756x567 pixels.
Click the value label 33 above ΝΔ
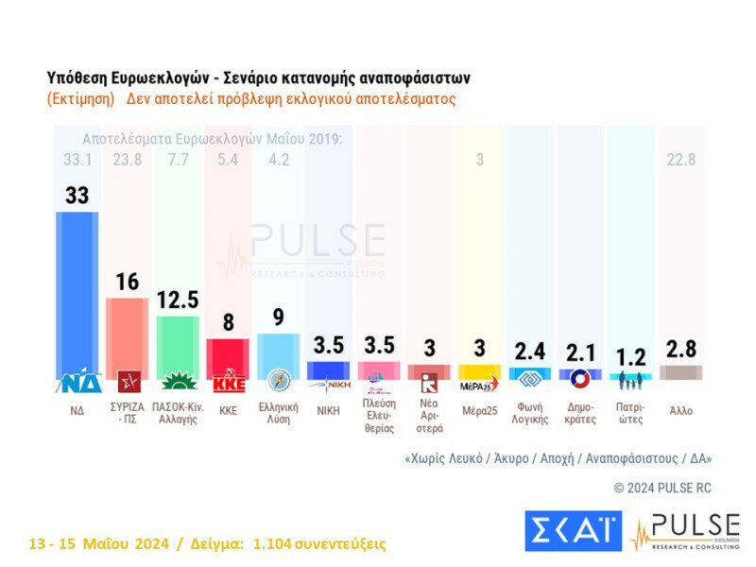point(77,195)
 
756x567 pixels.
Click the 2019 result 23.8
point(126,160)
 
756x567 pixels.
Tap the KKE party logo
point(227,383)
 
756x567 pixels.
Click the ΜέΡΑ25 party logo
point(479,383)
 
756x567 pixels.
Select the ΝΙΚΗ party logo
point(327,383)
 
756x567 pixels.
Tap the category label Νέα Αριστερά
point(428,418)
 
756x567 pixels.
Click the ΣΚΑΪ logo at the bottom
point(573,531)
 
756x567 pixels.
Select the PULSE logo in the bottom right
point(686,530)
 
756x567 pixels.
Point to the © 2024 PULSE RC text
point(662,488)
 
